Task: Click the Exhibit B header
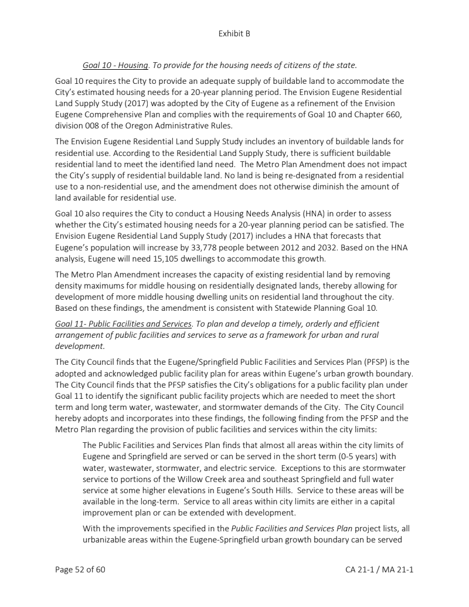click(234, 33)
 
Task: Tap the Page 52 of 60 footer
click(80, 569)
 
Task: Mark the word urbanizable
click(108, 539)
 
